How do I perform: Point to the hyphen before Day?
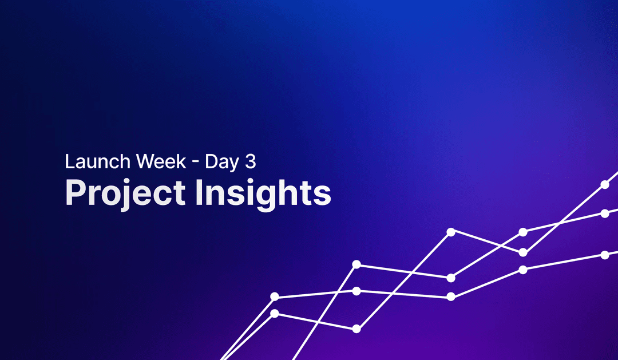click(196, 163)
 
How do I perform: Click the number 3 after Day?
click(250, 161)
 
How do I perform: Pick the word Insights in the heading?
click(263, 193)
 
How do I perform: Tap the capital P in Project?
click(75, 192)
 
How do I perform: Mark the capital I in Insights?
click(199, 192)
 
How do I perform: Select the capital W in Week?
click(144, 161)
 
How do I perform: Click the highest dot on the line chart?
click(605, 184)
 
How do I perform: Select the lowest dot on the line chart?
click(356, 329)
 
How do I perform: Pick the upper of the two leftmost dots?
click(275, 296)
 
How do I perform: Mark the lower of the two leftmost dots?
click(275, 313)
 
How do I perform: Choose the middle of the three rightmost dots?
click(605, 213)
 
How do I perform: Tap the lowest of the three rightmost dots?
click(605, 255)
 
